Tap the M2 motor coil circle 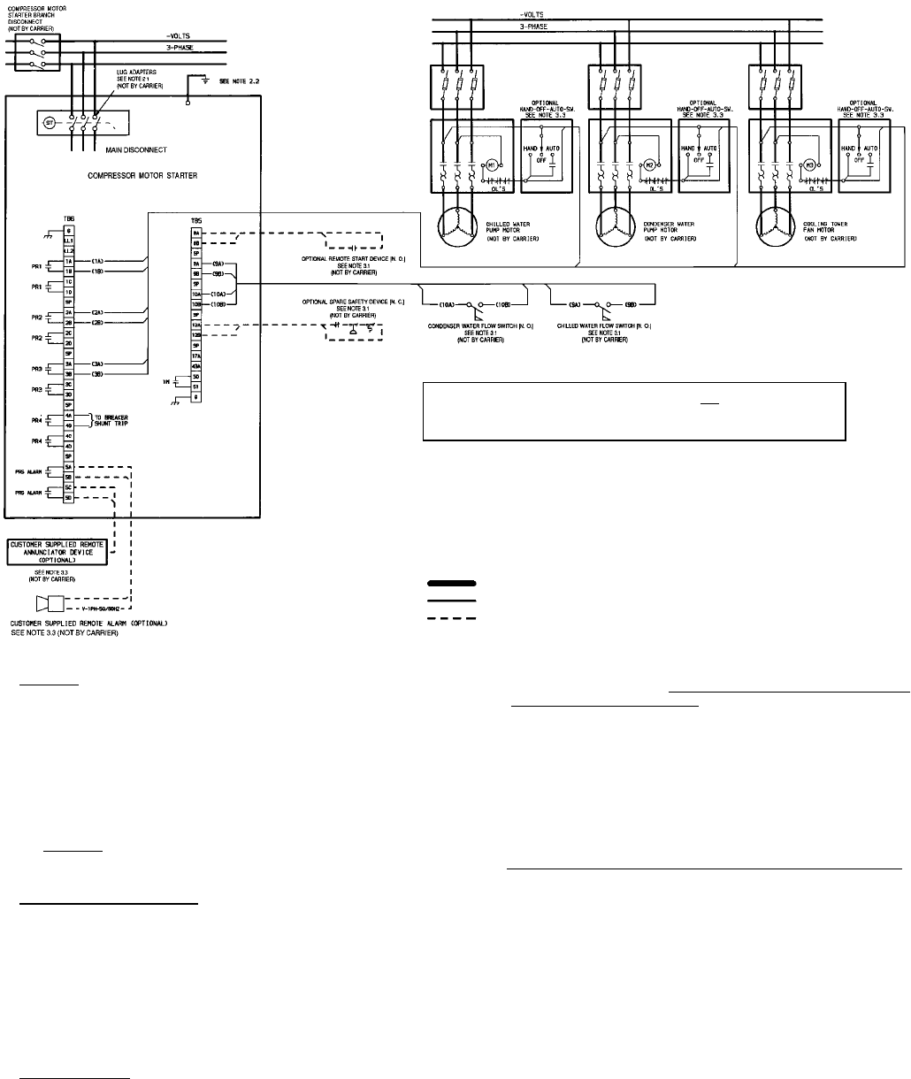point(654,166)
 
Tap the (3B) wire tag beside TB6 point(99,375)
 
